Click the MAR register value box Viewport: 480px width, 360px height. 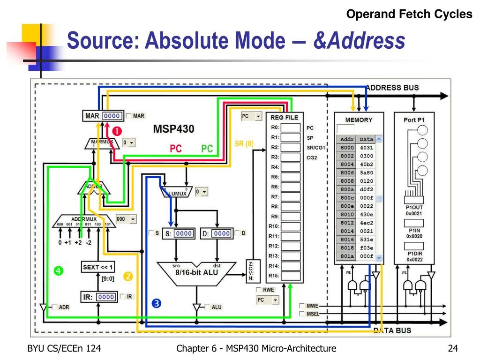(112, 116)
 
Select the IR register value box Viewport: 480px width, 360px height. (106, 296)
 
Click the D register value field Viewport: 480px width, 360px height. (222, 233)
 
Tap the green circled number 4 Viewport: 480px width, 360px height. (58, 270)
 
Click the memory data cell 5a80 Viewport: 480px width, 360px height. (366, 172)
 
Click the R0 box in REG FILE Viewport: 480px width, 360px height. (290, 127)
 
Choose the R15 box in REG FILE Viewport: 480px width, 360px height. (290, 275)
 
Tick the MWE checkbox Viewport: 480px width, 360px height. (302, 306)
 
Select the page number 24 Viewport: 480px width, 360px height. (452, 348)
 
